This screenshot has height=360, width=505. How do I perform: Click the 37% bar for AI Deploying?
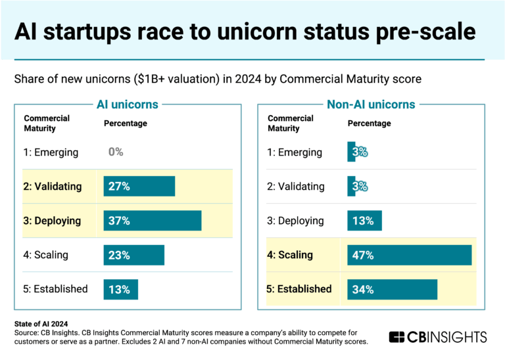152,221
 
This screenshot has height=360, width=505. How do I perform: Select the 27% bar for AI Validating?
139,187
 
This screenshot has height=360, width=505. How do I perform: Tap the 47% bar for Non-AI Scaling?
409,255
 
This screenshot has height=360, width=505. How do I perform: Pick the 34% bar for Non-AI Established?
392,289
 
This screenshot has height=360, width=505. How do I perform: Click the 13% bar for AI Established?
120,289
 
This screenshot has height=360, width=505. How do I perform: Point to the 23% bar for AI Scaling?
133,255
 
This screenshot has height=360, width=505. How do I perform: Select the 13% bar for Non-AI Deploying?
364,221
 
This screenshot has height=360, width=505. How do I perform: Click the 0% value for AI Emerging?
116,152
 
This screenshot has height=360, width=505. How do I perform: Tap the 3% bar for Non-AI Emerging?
351,152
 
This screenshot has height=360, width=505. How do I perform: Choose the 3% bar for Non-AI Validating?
351,187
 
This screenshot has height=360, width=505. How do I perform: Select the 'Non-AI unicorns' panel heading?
371,104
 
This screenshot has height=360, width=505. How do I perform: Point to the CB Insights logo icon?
397,337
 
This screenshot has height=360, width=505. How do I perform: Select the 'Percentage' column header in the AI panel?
126,124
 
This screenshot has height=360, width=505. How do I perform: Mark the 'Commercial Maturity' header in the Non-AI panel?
291,124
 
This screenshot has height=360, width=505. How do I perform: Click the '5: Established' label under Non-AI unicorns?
299,289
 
